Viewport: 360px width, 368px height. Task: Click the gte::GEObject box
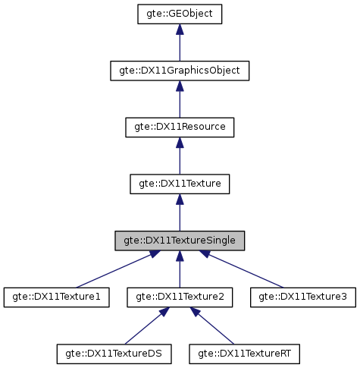point(179,14)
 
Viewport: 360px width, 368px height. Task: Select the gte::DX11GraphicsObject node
point(179,71)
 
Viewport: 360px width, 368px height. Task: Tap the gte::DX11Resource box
point(179,127)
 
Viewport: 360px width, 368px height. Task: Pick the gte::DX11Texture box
point(179,184)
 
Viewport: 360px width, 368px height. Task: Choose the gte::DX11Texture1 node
point(56,297)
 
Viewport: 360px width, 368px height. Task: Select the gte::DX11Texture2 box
point(179,297)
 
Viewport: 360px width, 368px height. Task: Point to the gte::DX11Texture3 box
point(302,297)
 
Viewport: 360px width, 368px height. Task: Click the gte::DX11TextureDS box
point(114,353)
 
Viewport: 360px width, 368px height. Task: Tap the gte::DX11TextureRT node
point(245,353)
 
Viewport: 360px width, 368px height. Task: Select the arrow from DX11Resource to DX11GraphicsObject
point(179,101)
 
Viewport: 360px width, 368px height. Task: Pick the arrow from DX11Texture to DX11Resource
point(179,157)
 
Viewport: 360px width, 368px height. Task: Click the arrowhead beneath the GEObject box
point(179,30)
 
